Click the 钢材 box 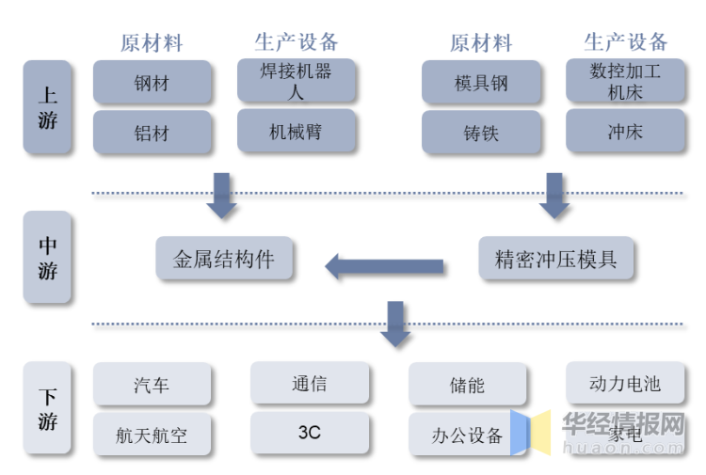pyautogui.click(x=152, y=83)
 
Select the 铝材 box pyautogui.click(x=152, y=133)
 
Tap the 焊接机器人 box pyautogui.click(x=296, y=82)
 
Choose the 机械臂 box pyautogui.click(x=296, y=131)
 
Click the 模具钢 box pyautogui.click(x=481, y=83)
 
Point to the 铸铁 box pyautogui.click(x=481, y=133)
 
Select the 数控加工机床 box pyautogui.click(x=625, y=82)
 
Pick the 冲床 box pyautogui.click(x=625, y=131)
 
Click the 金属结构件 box pyautogui.click(x=224, y=259)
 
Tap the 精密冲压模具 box pyautogui.click(x=556, y=259)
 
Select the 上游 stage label pyautogui.click(x=47, y=107)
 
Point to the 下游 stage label pyautogui.click(x=47, y=408)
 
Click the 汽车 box pyautogui.click(x=152, y=385)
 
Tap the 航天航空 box pyautogui.click(x=152, y=435)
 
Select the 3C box pyautogui.click(x=310, y=433)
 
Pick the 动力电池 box pyautogui.click(x=625, y=383)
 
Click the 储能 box pyautogui.click(x=467, y=385)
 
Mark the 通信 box pyautogui.click(x=310, y=383)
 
